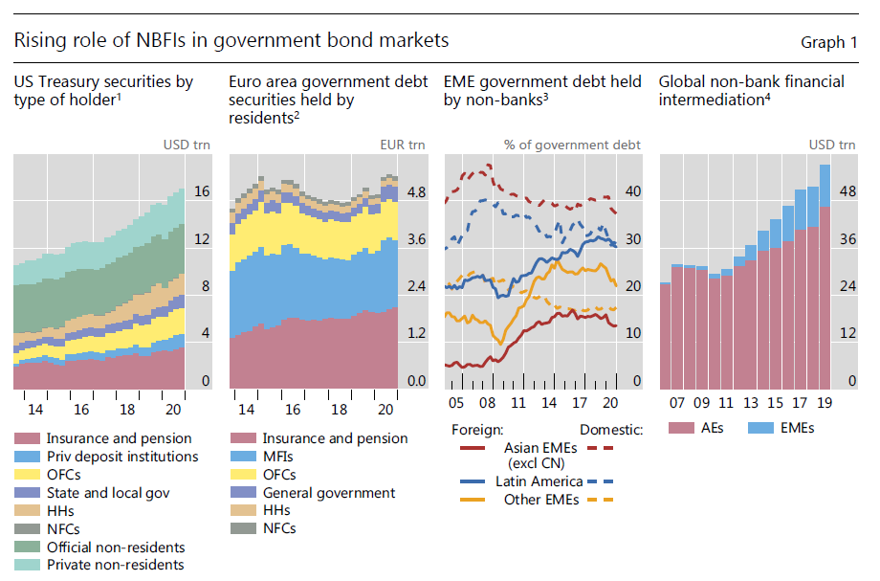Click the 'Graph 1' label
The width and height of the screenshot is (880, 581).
tap(828, 42)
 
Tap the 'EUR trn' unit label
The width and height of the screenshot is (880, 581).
tap(404, 145)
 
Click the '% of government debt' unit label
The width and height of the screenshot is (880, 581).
tap(572, 145)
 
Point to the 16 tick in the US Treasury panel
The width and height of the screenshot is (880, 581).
tap(201, 192)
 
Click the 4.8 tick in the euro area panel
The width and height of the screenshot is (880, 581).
tap(416, 192)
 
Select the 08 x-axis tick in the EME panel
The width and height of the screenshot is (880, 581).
tap(487, 403)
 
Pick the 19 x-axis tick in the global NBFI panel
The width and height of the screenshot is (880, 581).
tap(825, 403)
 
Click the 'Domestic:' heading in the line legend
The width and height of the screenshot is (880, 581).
tap(611, 430)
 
